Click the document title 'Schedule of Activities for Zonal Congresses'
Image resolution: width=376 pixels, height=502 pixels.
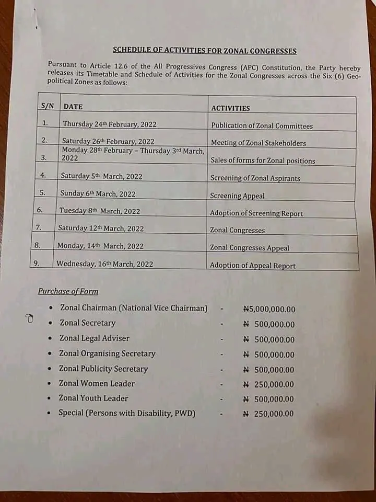(205, 51)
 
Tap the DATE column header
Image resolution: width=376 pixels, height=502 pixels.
(73, 106)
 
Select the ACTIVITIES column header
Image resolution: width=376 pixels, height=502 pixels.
(230, 108)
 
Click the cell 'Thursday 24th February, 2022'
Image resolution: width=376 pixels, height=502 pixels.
(109, 124)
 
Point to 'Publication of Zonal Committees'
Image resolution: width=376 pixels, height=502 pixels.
(262, 126)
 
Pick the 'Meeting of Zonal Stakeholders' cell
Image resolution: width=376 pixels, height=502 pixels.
(258, 143)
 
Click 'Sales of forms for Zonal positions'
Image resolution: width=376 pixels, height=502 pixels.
(263, 161)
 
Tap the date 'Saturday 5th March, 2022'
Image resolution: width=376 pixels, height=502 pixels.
(101, 176)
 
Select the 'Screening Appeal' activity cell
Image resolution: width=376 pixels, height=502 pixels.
(237, 196)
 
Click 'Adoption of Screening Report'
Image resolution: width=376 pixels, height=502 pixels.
(256, 213)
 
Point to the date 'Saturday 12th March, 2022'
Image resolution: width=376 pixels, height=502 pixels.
(100, 229)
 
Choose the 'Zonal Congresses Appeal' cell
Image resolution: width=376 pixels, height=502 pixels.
(249, 248)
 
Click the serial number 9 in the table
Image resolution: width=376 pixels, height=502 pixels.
(37, 264)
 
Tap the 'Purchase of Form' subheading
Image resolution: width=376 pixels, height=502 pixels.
(68, 291)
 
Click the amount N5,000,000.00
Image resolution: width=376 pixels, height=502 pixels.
(269, 309)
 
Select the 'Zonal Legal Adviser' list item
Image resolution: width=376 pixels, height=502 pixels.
(94, 338)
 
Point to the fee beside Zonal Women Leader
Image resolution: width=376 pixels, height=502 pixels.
(268, 384)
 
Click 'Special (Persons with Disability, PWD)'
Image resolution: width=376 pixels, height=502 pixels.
(127, 413)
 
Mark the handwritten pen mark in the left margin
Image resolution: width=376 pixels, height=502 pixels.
(29, 318)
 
